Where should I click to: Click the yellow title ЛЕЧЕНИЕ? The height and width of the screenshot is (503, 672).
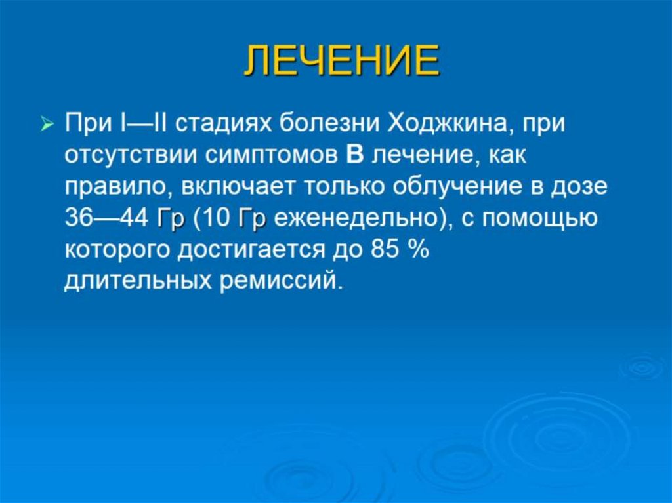point(341,63)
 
